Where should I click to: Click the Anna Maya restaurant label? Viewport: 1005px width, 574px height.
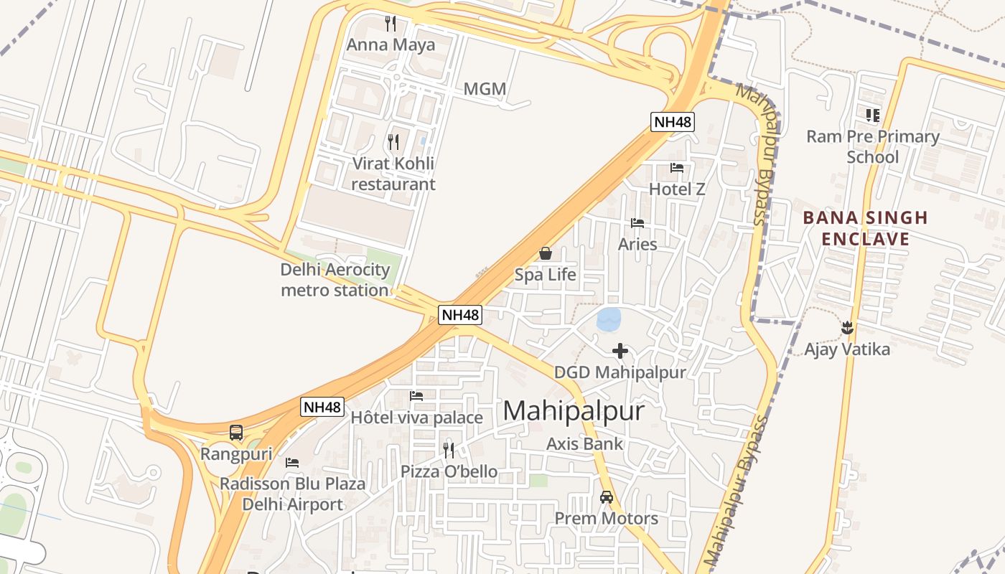coord(391,45)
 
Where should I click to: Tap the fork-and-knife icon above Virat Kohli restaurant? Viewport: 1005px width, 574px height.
coord(393,141)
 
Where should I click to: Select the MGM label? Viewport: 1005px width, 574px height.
coord(485,89)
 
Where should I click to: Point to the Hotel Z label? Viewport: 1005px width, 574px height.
coord(677,189)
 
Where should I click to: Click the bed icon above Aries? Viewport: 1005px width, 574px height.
coord(637,223)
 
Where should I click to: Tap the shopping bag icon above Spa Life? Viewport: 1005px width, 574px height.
coord(546,253)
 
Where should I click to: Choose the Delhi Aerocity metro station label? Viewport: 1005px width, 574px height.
coord(335,280)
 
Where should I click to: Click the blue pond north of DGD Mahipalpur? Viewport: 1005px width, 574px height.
coord(609,319)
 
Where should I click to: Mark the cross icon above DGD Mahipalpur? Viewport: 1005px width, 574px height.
coord(620,351)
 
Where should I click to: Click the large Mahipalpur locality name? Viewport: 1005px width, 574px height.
coord(574,411)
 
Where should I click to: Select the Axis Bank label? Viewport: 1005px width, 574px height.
coord(585,444)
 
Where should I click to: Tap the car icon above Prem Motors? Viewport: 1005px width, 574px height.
coord(607,497)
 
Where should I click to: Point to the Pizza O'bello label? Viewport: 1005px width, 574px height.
coord(449,471)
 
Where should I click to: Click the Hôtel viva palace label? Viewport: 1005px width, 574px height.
coord(416,418)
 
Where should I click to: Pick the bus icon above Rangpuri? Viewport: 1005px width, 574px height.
coord(236,433)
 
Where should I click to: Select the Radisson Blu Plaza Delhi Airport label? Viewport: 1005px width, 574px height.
coord(292,494)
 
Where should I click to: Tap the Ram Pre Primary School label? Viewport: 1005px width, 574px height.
coord(873,146)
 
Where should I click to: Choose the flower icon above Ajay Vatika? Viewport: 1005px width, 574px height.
coord(847,328)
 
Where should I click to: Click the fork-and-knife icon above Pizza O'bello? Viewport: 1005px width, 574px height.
coord(449,450)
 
